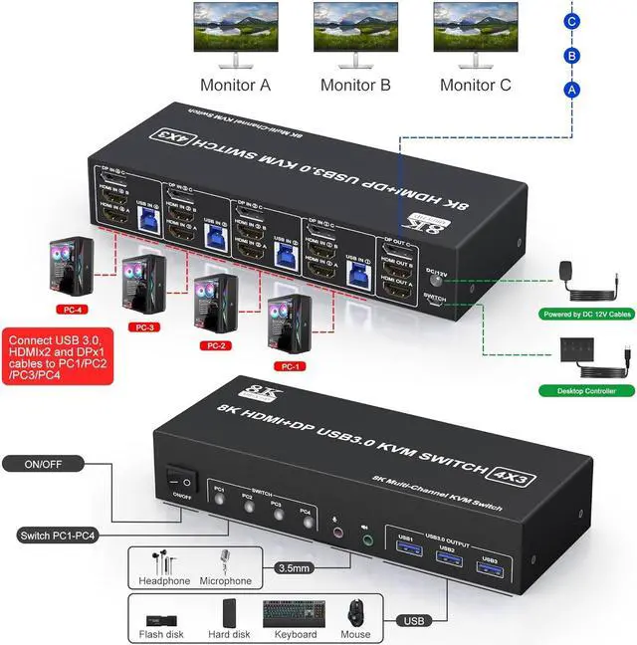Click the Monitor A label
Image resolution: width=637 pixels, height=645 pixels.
235,85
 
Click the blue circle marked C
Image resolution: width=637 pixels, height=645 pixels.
571,21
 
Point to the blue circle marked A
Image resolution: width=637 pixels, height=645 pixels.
571,89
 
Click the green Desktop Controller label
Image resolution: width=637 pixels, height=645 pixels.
580,391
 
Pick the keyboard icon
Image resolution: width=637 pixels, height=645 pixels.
290,615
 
